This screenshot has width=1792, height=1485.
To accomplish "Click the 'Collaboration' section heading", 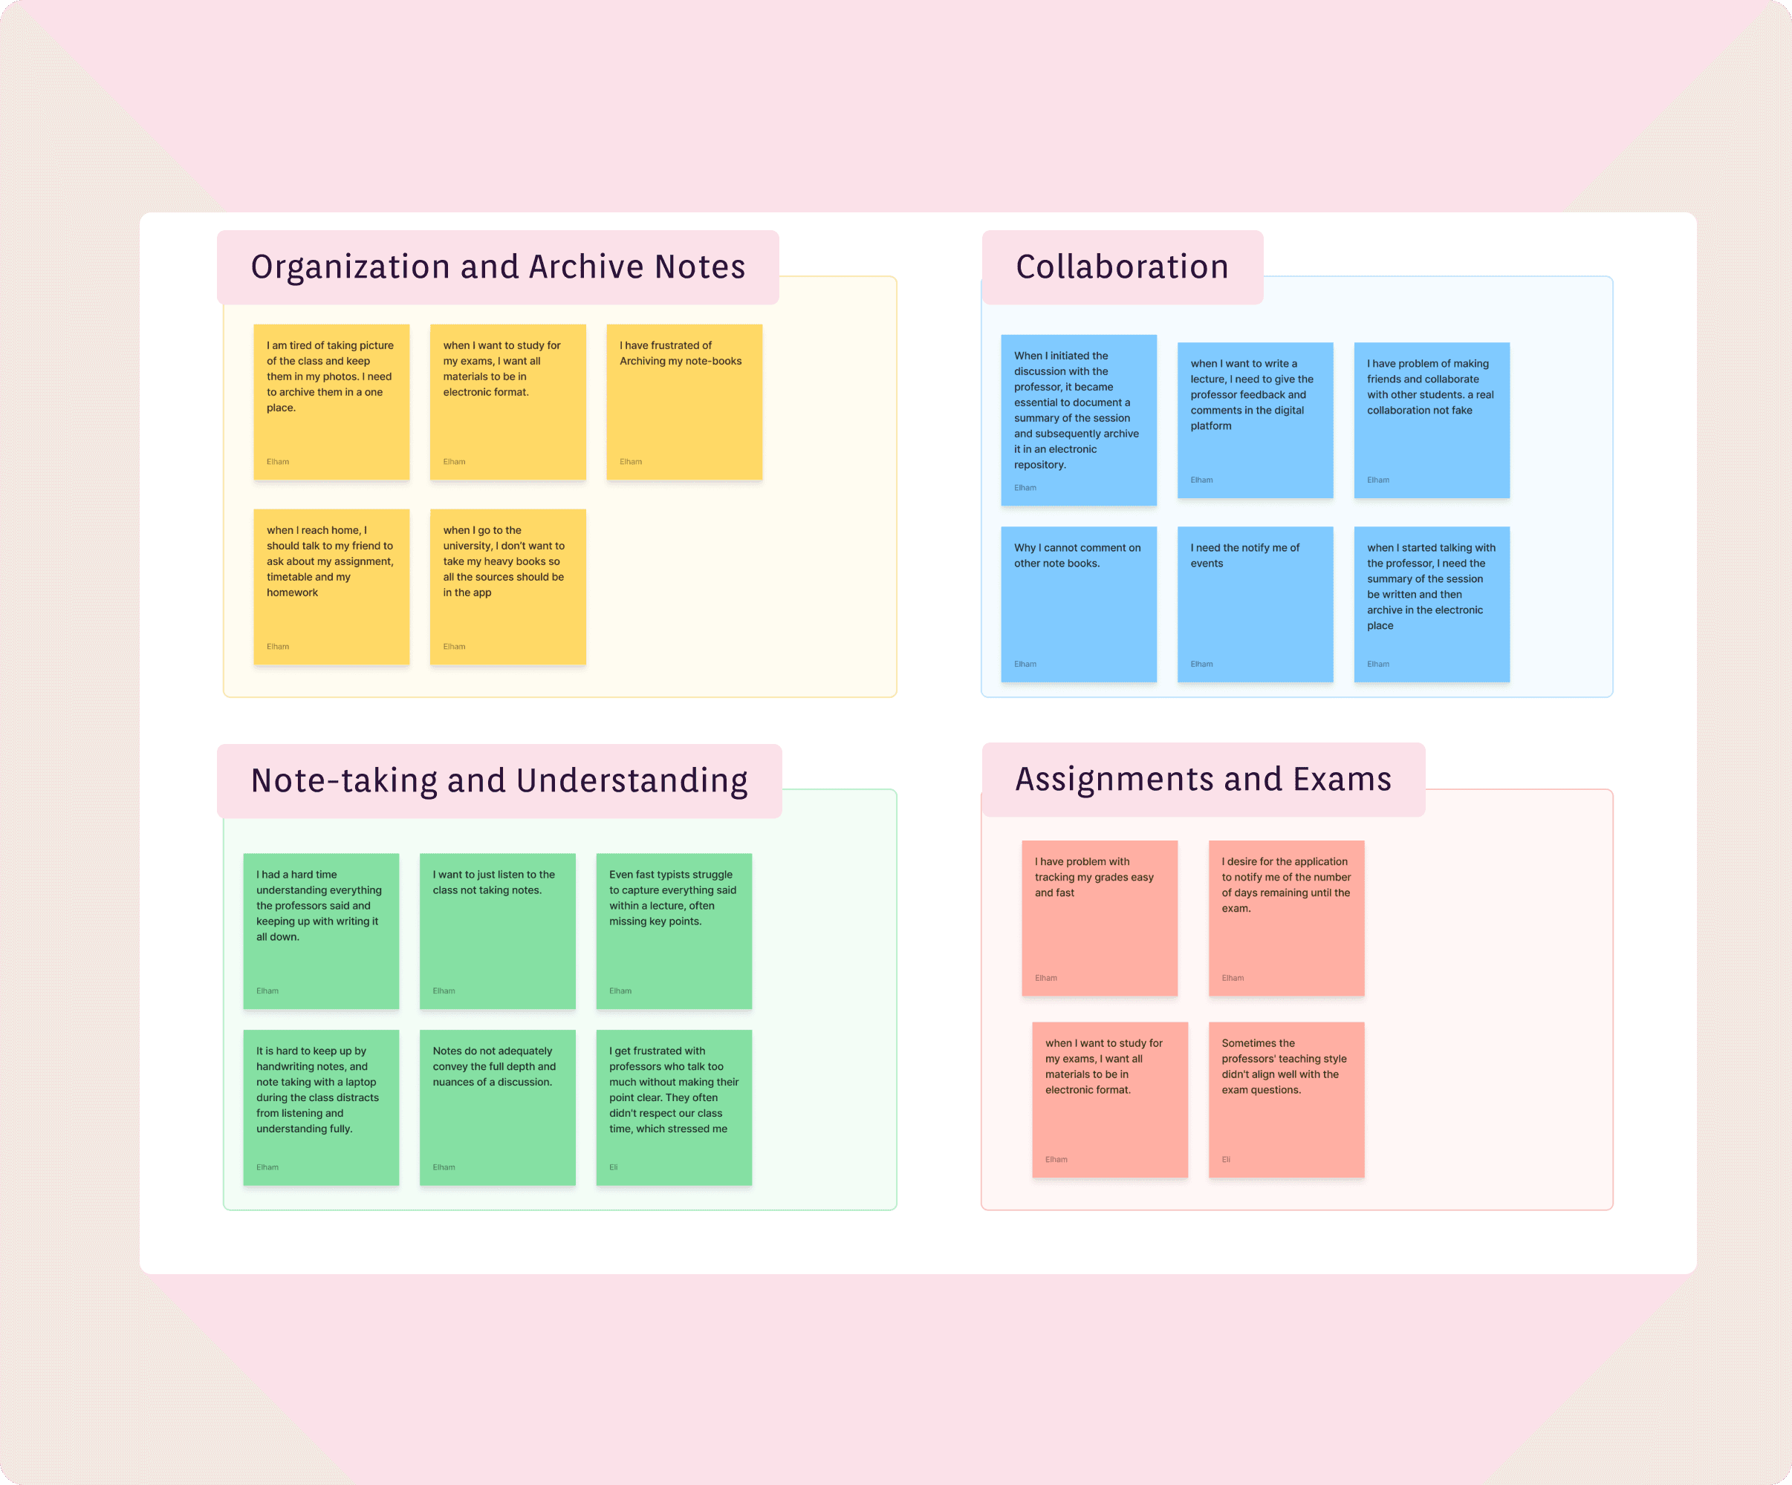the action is (x=1121, y=267).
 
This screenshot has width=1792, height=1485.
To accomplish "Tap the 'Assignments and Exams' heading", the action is (x=1202, y=780).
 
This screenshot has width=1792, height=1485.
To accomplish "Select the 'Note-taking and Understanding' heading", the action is (x=499, y=781).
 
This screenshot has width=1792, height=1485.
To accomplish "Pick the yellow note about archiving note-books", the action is (x=684, y=401).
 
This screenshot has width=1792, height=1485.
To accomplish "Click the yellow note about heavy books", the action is (x=507, y=586).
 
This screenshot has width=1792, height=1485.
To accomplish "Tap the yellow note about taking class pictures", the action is (x=331, y=401).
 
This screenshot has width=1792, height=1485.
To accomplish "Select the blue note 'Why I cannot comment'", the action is (x=1078, y=603).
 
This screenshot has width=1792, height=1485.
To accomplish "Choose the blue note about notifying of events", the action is (x=1254, y=603).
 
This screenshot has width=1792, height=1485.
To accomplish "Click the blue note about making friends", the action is (x=1431, y=420).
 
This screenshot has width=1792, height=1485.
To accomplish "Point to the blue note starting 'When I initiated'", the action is (x=1078, y=420).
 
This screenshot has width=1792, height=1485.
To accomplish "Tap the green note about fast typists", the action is (x=673, y=930).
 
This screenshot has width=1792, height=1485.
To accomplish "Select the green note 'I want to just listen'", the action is (x=496, y=930).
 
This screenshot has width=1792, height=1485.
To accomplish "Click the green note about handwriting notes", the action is (x=321, y=1107).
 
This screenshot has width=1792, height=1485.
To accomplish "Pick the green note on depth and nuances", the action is (x=496, y=1107).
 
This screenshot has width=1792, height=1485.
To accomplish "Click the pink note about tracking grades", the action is (x=1099, y=918).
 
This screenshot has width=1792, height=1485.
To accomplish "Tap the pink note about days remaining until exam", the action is (x=1286, y=918).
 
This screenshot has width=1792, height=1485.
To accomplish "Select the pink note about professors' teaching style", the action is (x=1286, y=1100).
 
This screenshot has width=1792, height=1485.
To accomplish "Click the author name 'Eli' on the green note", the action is (x=613, y=1167).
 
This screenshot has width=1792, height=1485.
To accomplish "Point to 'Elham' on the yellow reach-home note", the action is (x=277, y=647).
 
